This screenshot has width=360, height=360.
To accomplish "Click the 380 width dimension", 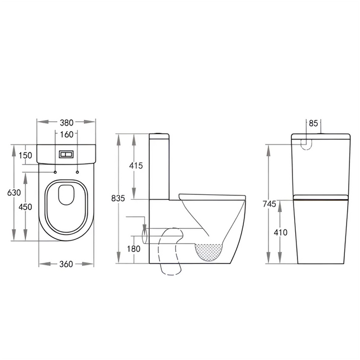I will pos(66,122).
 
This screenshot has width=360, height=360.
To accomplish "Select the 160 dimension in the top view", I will pos(66,134).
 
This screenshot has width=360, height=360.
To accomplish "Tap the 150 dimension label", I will pos(25,155).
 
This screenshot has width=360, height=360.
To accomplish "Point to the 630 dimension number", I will pos(14,193).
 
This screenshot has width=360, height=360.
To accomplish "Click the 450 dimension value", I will pos(25,207).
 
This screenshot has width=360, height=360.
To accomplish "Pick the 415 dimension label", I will pos(136,166).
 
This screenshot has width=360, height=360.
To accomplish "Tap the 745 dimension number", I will pos(270,204).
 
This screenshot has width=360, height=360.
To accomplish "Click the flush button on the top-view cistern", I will pos(66,153).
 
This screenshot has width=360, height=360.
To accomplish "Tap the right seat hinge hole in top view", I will pos(76,172).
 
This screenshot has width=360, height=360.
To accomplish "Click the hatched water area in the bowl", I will pos(210,252).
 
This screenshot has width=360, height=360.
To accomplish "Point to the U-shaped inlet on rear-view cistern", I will pos(306,143).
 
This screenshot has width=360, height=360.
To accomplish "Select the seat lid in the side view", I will pos(212,195).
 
